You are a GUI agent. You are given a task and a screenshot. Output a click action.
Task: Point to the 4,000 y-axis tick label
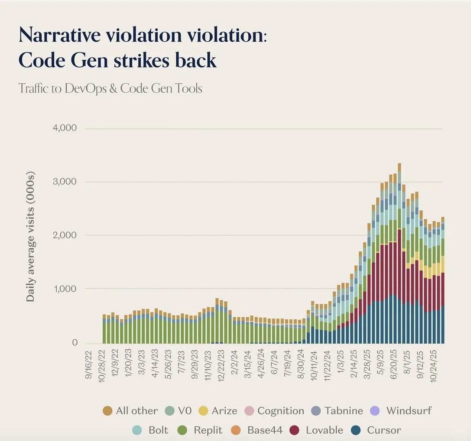pos(64,128)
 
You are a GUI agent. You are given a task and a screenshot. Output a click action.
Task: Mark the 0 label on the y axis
pos(75,343)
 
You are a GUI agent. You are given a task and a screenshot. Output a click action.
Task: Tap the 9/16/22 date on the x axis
pos(89,364)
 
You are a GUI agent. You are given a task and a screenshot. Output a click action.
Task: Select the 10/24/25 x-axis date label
pos(433,365)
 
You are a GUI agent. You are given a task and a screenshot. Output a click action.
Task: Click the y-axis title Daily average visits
pos(30,236)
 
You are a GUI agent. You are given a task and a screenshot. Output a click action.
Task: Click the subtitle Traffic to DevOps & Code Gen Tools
pos(110,88)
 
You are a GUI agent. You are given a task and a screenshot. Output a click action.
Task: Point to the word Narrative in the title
pos(60,35)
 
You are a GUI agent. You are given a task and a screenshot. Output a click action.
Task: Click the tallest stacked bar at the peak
pos(399,253)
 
